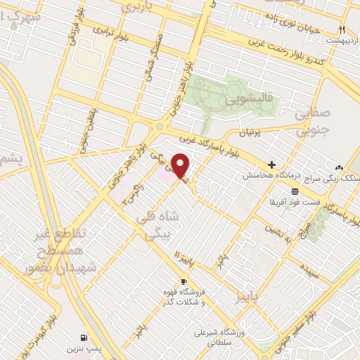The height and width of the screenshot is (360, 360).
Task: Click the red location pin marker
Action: coord(181,165)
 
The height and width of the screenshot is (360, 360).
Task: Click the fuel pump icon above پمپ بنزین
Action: coord(84,337)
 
